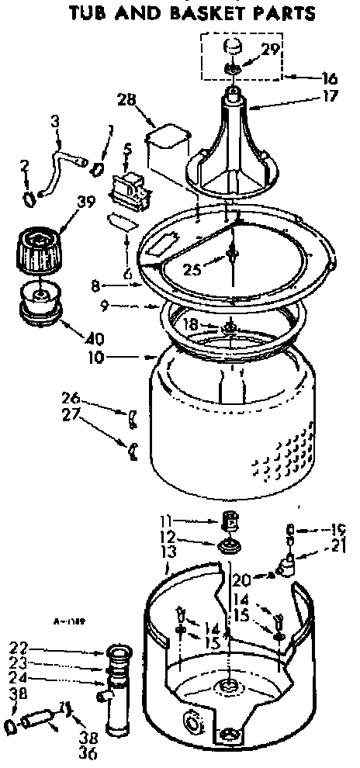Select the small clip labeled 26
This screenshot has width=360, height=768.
coord(133,419)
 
